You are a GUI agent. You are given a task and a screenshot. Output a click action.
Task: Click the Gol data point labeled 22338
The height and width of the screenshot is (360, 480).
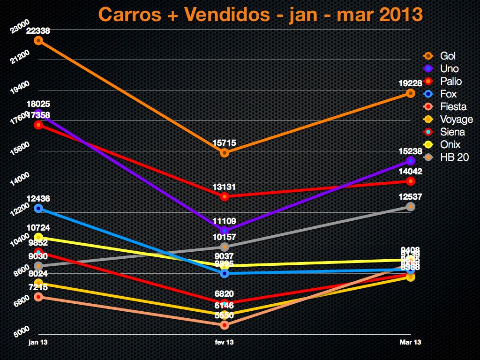point(39,40)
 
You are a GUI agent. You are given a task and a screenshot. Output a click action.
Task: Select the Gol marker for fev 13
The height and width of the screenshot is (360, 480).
point(225,153)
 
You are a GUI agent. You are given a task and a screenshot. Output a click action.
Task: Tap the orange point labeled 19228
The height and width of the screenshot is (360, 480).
point(411,93)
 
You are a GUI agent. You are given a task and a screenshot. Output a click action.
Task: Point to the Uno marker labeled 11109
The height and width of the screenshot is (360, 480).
point(225,231)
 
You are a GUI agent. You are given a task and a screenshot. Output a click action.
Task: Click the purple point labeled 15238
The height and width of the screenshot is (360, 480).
point(411,161)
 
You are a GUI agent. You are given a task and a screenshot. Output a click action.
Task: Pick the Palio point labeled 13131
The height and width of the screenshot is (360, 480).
point(225,196)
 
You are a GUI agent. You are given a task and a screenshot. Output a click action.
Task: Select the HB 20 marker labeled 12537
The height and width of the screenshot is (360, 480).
point(411,207)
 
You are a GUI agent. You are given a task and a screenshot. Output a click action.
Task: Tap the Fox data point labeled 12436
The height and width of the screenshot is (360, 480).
point(39,208)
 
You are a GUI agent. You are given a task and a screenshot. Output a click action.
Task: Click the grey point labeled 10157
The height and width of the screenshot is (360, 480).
point(225,247)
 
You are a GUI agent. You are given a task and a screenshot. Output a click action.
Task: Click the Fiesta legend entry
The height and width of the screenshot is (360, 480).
point(453,107)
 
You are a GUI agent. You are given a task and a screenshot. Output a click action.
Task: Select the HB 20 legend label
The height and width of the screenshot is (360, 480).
point(454,157)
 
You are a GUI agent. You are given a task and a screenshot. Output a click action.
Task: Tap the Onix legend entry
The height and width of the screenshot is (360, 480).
point(450,145)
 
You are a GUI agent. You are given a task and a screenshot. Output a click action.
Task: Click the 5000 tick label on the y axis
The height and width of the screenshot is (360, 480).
point(22,331)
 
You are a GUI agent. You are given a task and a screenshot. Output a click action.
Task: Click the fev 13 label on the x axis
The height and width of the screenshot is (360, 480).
point(225,343)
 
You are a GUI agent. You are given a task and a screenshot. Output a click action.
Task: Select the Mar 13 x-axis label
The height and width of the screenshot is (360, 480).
point(411,343)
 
